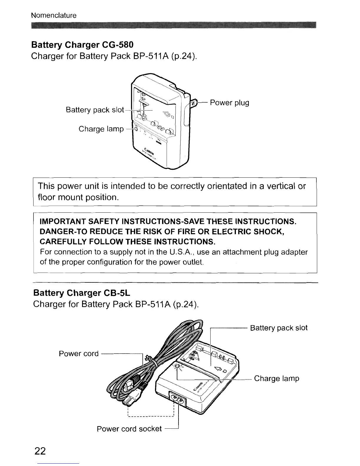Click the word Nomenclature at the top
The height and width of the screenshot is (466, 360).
[54, 15]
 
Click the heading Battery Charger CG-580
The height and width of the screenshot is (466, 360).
[82, 45]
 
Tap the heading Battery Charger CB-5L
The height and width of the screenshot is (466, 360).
[82, 293]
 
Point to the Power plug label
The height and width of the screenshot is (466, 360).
[229, 103]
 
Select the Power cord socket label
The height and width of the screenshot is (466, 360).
[129, 429]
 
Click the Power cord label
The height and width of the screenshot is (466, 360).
[79, 353]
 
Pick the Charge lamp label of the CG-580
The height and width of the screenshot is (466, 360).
[101, 129]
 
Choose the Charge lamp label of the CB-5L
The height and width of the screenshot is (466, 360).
[276, 378]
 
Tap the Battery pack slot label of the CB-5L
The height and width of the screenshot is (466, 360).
[279, 328]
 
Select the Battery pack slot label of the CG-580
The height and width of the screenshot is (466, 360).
[95, 110]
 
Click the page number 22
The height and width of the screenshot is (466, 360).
[40, 451]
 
